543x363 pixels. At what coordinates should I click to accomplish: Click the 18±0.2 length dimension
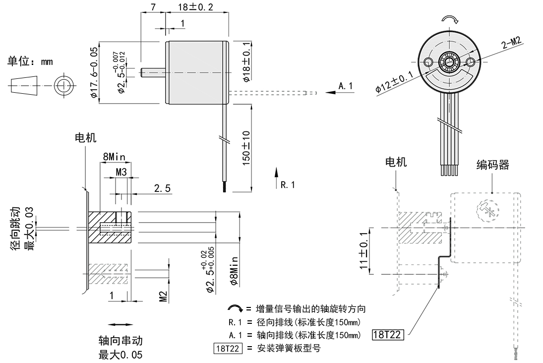coord(195,6)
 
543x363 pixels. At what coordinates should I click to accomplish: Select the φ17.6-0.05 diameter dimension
coord(94,72)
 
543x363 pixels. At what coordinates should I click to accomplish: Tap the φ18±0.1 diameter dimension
coord(246,62)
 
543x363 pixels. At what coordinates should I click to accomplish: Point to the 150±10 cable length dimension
coord(246,148)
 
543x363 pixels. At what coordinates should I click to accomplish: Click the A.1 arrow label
coord(345,86)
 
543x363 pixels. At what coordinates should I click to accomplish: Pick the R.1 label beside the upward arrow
coord(288,185)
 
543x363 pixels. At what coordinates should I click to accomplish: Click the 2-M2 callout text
coord(511,43)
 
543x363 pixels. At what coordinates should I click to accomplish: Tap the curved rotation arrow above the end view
coord(451,19)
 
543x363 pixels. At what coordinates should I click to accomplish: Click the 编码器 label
coord(492,165)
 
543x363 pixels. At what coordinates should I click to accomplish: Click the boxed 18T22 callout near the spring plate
coord(388,335)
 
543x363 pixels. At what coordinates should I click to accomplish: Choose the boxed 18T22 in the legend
coord(228,348)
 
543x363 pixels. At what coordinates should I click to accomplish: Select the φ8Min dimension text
coord(235,271)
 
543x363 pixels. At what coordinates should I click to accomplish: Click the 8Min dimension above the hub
coord(114,157)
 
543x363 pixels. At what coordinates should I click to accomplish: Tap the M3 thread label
coord(121,172)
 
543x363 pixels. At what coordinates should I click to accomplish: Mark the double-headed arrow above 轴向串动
coord(120,324)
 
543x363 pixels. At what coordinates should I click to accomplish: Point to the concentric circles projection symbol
coord(64,85)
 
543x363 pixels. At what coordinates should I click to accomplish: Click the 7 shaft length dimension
coord(153,6)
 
